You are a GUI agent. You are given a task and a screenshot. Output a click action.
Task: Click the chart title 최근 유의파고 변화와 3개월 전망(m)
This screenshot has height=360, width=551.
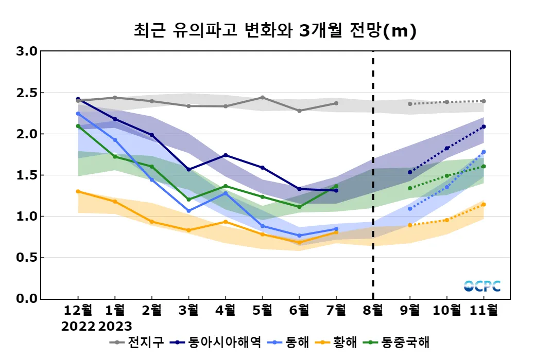[274, 31]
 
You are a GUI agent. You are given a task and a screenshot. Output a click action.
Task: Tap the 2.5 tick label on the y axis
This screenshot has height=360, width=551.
[26, 93]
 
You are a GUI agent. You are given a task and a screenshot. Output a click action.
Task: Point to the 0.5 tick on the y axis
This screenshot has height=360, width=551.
[26, 258]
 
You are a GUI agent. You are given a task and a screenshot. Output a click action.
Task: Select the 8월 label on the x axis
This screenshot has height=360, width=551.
[373, 311]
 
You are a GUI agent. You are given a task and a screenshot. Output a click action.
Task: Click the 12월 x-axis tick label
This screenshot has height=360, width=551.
[78, 311]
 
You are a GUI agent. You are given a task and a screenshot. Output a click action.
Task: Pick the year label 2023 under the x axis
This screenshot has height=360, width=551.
[115, 326]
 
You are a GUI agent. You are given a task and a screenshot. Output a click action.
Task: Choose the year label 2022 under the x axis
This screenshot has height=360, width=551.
[78, 326]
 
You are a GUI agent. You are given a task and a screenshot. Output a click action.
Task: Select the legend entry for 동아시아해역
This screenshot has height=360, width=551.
[217, 342]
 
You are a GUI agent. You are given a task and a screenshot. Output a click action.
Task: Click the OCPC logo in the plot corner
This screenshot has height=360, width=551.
[482, 286]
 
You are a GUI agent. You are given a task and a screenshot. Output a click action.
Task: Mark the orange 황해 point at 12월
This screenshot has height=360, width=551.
[78, 191]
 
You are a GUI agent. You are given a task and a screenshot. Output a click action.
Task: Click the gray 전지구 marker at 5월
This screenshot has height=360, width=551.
[262, 97]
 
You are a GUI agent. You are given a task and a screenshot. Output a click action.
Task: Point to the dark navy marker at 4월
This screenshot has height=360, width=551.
[226, 155]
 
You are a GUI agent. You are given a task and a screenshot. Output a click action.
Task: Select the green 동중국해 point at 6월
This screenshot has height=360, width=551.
[299, 207]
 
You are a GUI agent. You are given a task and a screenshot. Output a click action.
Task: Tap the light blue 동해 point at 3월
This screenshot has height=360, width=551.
[188, 211]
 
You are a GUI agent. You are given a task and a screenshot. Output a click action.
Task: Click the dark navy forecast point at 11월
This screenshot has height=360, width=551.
[484, 127]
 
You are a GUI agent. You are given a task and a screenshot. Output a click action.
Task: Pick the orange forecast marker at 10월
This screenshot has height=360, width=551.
[446, 220]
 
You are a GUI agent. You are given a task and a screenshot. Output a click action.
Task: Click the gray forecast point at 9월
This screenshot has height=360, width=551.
[410, 104]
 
